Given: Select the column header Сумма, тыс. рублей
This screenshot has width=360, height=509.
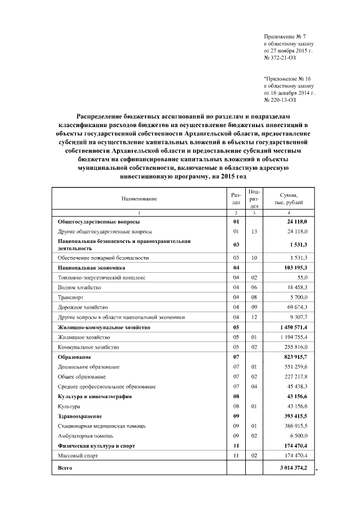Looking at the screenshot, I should [x=289, y=198].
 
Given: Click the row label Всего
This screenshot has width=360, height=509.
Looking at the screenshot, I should [x=66, y=468].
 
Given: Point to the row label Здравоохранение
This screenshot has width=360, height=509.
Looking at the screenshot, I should [x=80, y=416].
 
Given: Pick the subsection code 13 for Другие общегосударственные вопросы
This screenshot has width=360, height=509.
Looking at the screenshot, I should [x=254, y=231].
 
